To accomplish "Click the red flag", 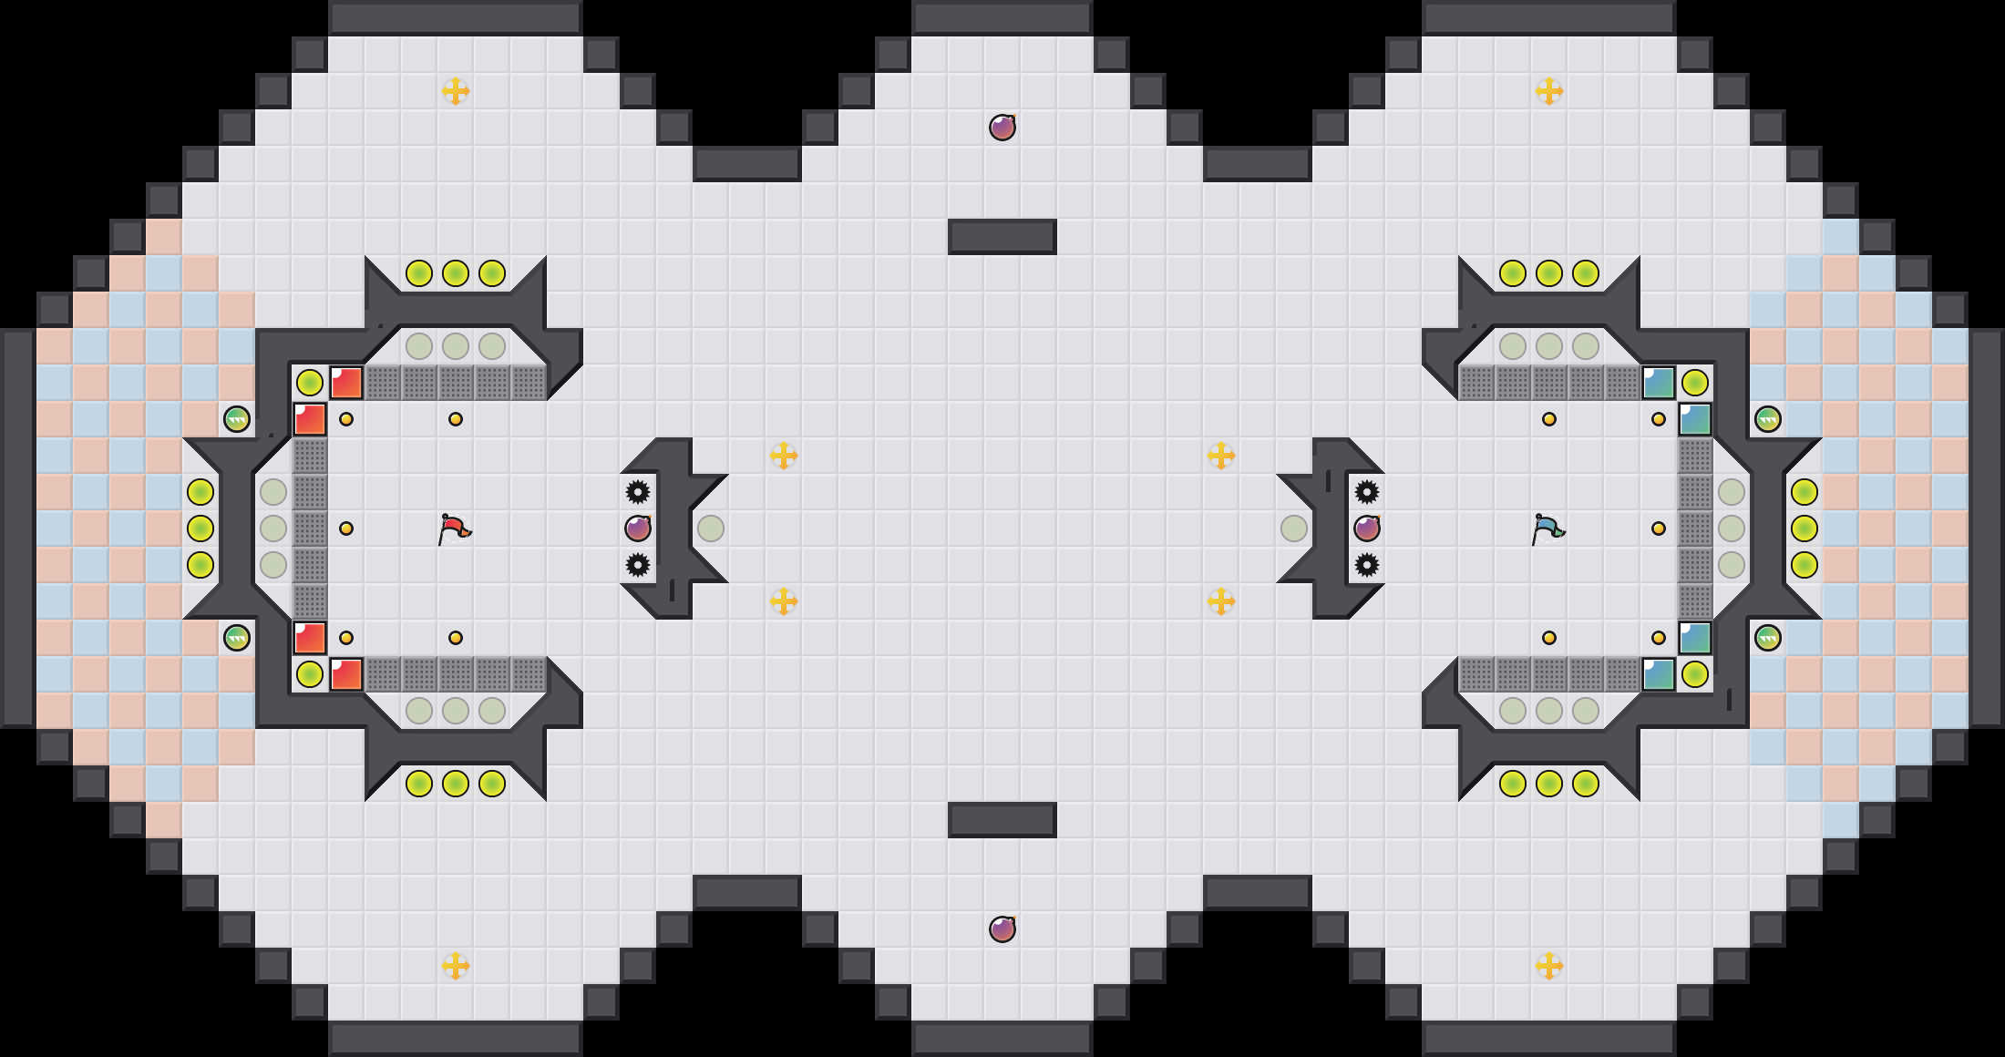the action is [x=453, y=528].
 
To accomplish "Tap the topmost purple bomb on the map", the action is [x=1002, y=128].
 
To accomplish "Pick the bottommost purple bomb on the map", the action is [x=1002, y=929].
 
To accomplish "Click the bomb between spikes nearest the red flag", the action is [x=638, y=528].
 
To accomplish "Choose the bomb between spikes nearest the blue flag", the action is [x=1367, y=528].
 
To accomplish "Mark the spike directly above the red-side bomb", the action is [x=638, y=492].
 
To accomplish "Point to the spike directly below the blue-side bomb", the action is [x=1367, y=565].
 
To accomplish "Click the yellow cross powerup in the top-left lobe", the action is [x=456, y=91].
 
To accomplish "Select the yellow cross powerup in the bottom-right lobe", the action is [x=1549, y=966].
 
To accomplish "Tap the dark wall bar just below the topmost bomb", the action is [x=1002, y=237].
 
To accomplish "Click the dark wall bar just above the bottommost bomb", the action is [x=1002, y=820].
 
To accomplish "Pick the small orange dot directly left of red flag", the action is [x=346, y=528].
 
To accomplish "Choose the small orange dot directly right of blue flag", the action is [x=1659, y=528].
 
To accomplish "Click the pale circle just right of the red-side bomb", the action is [x=711, y=528].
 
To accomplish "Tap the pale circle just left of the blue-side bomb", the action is [x=1294, y=528].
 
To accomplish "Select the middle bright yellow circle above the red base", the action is [x=456, y=273].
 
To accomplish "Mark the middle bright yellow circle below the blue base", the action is [x=1549, y=784].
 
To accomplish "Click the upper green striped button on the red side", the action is [x=237, y=419].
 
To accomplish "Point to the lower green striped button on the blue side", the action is [x=1768, y=638].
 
